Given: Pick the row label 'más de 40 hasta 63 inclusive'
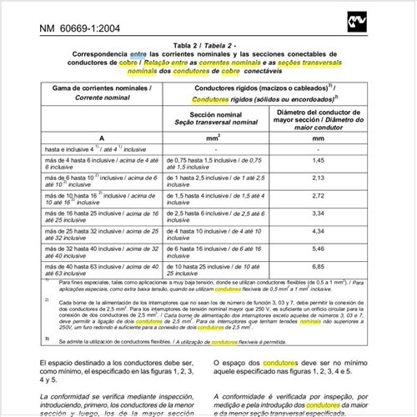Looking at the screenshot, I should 92,266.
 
